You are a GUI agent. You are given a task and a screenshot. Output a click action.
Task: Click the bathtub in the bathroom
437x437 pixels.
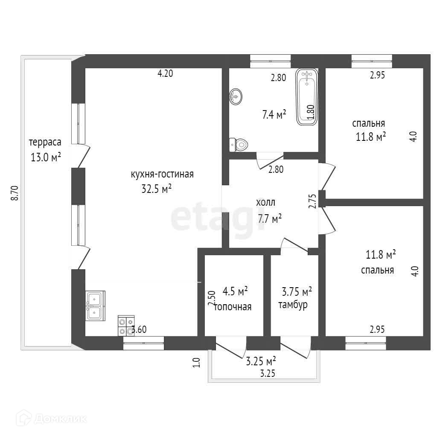[307, 97]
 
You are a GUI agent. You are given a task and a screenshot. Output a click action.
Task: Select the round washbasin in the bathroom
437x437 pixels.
[236, 96]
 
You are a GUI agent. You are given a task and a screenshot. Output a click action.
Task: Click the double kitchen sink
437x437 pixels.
[95, 306]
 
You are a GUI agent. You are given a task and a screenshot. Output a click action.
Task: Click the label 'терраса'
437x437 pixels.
[45, 142]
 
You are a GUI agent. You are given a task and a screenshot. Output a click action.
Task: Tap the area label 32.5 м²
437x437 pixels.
[157, 189]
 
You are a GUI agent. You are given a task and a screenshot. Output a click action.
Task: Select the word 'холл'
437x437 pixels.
[265, 202]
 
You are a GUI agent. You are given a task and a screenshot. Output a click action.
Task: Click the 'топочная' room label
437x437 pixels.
[233, 306]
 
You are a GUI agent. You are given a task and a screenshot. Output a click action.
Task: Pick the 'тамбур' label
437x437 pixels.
[293, 305]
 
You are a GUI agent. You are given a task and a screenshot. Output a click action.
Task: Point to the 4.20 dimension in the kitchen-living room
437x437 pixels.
[166, 73]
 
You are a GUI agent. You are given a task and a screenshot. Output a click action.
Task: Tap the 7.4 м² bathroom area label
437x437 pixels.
[274, 114]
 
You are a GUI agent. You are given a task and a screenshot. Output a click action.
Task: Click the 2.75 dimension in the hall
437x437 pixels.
[312, 201]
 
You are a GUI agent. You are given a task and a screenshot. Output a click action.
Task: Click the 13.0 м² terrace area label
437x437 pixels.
[45, 157]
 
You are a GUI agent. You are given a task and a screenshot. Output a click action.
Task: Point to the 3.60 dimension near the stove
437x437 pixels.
[140, 329]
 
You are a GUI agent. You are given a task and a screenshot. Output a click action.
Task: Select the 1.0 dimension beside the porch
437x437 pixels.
[196, 363]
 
